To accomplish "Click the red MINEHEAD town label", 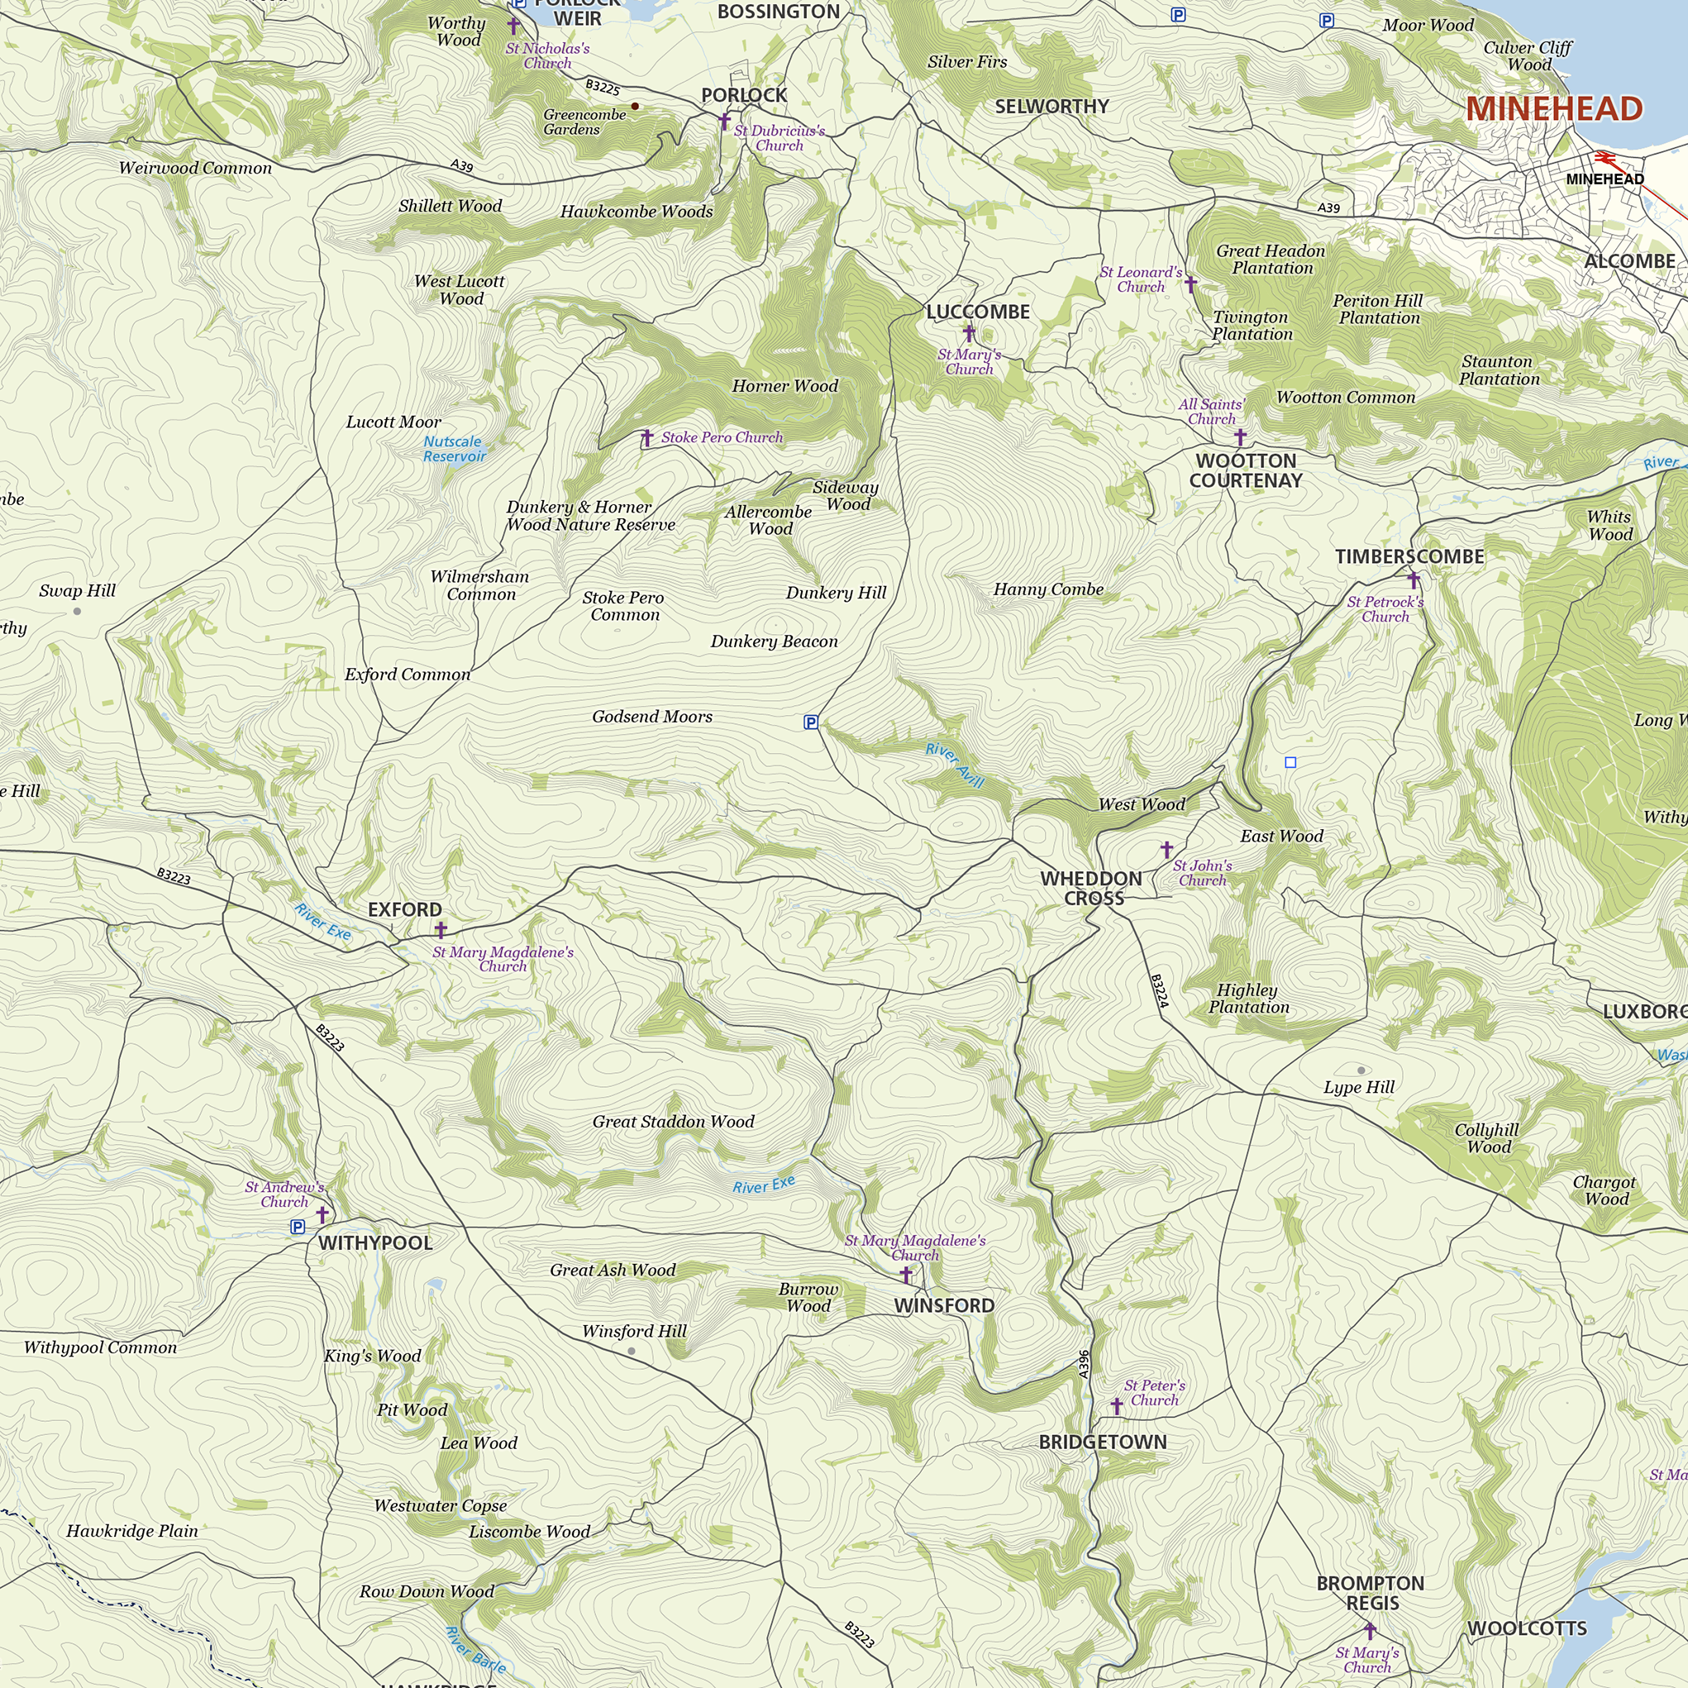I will [1553, 109].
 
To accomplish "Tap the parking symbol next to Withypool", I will [298, 1227].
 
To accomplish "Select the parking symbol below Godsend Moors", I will [811, 722].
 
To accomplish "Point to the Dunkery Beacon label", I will [773, 641].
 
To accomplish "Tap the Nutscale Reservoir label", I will [454, 449].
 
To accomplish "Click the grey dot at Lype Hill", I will [1361, 1070].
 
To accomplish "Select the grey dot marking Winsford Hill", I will [632, 1351].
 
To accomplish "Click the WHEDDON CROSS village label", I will [1091, 888].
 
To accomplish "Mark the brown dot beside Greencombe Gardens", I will [635, 107].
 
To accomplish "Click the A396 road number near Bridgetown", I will [1084, 1364].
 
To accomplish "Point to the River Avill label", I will [954, 765].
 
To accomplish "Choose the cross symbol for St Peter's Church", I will [1116, 1406].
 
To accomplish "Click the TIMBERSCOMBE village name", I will [1409, 556].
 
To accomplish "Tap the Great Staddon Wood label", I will [673, 1122].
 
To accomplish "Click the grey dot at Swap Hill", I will [77, 612].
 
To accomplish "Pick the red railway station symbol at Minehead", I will [1605, 158].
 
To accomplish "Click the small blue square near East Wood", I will [1290, 763].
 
